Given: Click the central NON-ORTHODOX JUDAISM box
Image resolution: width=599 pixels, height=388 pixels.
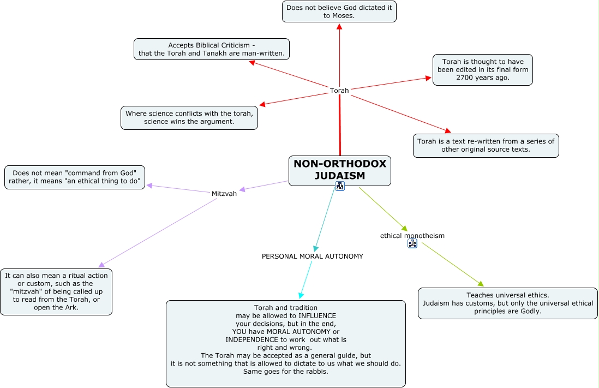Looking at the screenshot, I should pos(339,170).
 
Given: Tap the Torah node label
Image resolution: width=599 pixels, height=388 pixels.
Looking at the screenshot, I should pos(339,91).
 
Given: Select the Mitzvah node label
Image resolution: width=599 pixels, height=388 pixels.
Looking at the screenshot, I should pos(224,194).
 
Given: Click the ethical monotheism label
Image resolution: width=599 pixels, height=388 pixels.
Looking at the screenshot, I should pos(412,236).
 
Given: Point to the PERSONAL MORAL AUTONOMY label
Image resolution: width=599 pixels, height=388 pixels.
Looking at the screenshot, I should pos(312,256).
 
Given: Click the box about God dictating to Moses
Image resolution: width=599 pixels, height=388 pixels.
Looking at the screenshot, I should pos(339,11).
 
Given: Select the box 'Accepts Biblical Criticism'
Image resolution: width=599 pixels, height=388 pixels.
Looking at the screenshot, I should pos(211,49).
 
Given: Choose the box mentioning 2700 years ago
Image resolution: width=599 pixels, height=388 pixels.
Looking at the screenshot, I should pos(482,70).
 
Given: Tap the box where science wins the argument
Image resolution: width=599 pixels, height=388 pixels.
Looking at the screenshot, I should pos(189,117).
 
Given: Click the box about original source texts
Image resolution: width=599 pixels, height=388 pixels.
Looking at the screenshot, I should pos(486,145).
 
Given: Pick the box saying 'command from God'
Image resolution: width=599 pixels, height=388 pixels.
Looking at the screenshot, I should pos(75,177).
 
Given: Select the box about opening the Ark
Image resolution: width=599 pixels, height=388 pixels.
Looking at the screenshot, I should pos(56,291).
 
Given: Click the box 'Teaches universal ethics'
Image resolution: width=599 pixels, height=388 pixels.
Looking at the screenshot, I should pos(507,303).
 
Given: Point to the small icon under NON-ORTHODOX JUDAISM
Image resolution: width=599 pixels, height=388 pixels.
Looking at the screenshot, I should pos(340,187).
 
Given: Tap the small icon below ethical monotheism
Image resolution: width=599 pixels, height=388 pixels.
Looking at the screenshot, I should pos(412,244).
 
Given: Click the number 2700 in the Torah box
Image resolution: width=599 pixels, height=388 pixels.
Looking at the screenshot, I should pos(465,78).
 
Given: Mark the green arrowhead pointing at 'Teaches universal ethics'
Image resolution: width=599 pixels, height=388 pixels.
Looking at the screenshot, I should pos(481,283).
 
